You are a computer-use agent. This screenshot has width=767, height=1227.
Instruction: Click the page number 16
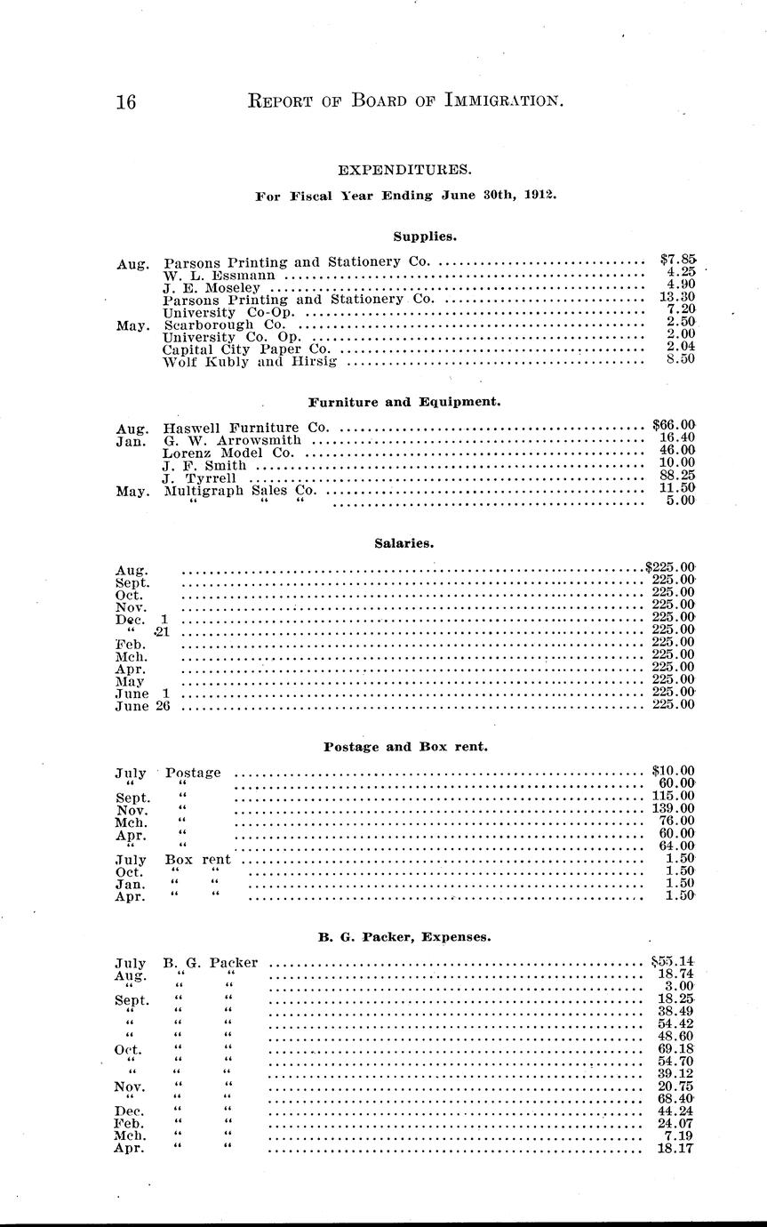pyautogui.click(x=125, y=102)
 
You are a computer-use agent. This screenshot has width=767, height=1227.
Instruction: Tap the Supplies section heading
pyautogui.click(x=425, y=237)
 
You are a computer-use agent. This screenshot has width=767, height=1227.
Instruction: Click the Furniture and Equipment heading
pyautogui.click(x=405, y=402)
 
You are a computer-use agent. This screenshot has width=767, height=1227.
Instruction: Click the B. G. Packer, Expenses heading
pyautogui.click(x=404, y=937)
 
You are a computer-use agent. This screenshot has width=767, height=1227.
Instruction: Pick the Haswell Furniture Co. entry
pyautogui.click(x=246, y=428)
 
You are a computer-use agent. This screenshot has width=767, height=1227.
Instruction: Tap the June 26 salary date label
pyautogui.click(x=142, y=706)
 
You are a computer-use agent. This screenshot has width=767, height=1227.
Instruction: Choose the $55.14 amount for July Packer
pyautogui.click(x=673, y=962)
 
